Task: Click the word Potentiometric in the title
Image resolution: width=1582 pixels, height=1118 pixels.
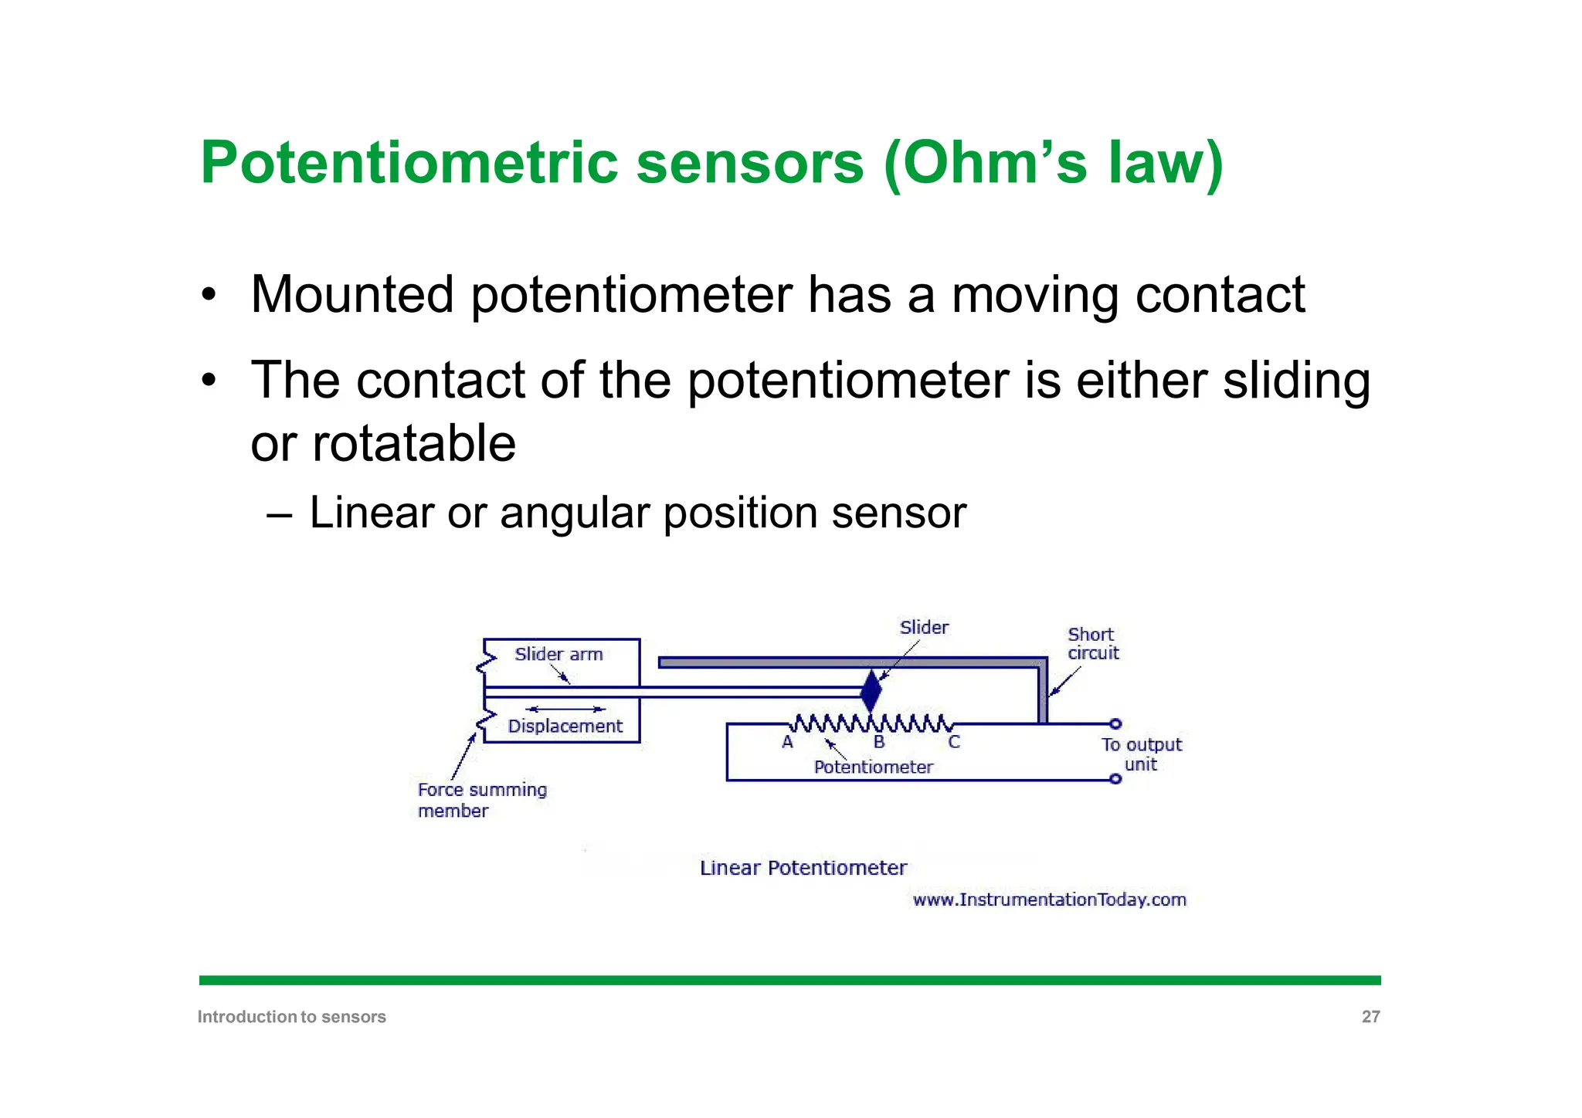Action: pyautogui.click(x=409, y=164)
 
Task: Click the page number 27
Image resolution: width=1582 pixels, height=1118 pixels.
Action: pyautogui.click(x=1370, y=1017)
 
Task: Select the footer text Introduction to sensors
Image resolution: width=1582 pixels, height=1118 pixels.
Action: pyautogui.click(x=291, y=1017)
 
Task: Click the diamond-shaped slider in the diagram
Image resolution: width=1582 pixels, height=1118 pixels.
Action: pyautogui.click(x=871, y=691)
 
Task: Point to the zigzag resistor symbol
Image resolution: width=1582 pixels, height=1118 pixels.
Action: pyautogui.click(x=871, y=723)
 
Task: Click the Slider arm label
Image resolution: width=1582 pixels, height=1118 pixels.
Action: pyautogui.click(x=558, y=654)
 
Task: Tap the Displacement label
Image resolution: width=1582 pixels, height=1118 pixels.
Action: pyautogui.click(x=565, y=727)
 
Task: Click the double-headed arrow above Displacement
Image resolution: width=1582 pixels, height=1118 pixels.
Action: pyautogui.click(x=565, y=709)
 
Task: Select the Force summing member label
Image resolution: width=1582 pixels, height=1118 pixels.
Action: pyautogui.click(x=481, y=800)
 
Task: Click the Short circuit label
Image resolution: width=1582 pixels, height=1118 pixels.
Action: pyautogui.click(x=1092, y=644)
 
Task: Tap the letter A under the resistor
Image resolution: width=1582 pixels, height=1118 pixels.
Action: pyautogui.click(x=787, y=743)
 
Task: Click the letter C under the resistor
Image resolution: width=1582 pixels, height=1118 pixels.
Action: pyautogui.click(x=954, y=743)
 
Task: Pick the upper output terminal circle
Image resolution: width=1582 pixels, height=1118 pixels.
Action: pyautogui.click(x=1115, y=723)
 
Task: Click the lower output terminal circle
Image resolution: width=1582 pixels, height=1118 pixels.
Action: pyautogui.click(x=1115, y=779)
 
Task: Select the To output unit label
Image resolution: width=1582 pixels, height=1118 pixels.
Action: pyautogui.click(x=1142, y=754)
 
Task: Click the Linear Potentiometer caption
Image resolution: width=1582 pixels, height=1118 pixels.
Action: pyautogui.click(x=803, y=868)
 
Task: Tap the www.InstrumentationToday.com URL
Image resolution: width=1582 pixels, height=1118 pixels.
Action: pyautogui.click(x=1049, y=899)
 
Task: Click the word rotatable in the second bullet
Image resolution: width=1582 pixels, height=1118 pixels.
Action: pyautogui.click(x=413, y=444)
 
